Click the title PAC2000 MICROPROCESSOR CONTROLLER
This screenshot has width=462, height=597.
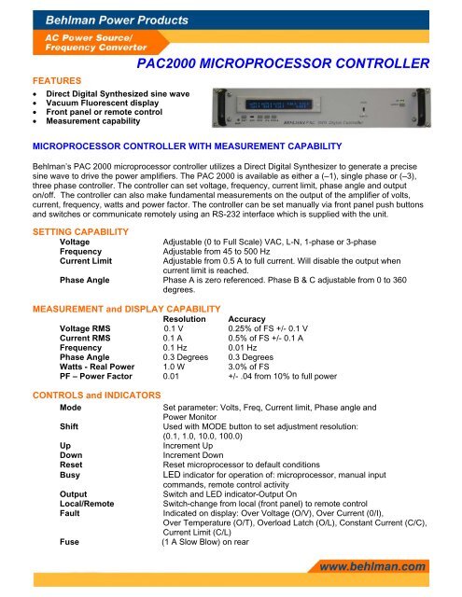pos(282,64)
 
